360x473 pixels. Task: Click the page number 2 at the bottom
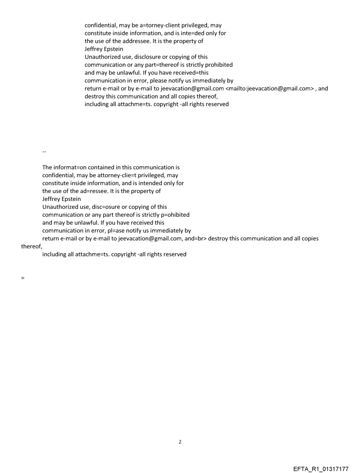point(180,442)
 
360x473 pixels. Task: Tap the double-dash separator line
point(44,152)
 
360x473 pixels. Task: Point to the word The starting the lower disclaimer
point(48,168)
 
